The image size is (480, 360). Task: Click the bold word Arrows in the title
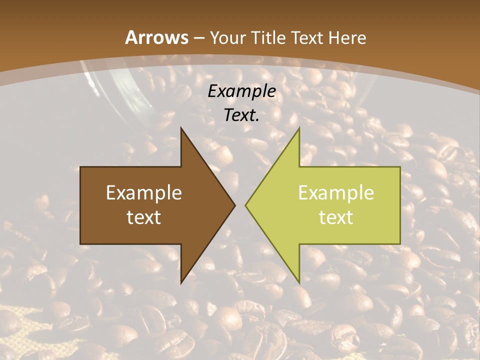[157, 37]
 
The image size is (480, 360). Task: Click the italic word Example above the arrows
[242, 91]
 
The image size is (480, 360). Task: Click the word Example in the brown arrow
[144, 192]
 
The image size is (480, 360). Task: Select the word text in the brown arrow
[144, 217]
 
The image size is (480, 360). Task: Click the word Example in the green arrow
[336, 192]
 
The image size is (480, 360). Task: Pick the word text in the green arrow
[336, 217]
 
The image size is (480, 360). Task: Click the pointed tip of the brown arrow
[235, 205]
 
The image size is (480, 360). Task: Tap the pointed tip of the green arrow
[245, 205]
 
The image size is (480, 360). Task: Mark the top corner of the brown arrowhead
[181, 128]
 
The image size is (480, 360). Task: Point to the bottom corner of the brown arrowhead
[181, 283]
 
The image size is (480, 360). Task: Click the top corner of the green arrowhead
[299, 128]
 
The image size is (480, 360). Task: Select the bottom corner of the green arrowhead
[299, 283]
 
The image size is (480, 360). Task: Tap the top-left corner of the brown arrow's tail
[80, 167]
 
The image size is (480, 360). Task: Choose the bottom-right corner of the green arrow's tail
[400, 244]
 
